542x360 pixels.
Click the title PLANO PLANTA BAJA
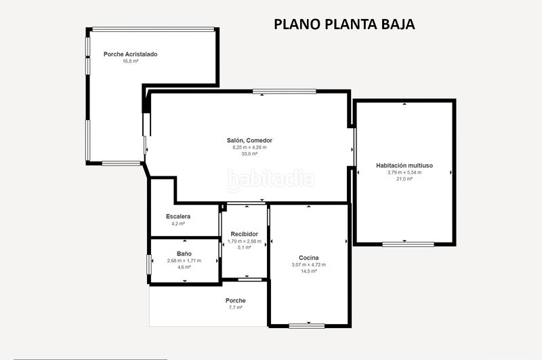[x=344, y=24]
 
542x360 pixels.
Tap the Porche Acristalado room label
[x=130, y=54]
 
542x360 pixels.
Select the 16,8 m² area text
[x=130, y=61]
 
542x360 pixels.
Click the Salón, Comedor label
[x=249, y=140]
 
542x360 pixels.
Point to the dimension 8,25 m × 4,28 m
[x=249, y=147]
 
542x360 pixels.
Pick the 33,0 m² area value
[x=249, y=153]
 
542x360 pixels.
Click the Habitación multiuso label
[x=404, y=165]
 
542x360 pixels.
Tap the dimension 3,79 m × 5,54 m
[x=404, y=172]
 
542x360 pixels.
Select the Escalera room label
[x=178, y=216]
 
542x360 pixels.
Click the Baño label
[x=184, y=254]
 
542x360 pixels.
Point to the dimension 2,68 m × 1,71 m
[x=184, y=260]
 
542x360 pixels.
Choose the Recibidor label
[x=245, y=234]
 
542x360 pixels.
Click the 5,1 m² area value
[x=245, y=247]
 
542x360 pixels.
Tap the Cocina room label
[x=309, y=258]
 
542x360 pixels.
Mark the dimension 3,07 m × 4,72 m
[x=309, y=264]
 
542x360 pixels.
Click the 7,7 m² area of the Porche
[x=235, y=307]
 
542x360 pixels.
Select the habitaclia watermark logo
[x=270, y=180]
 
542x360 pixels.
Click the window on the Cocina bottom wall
[x=307, y=326]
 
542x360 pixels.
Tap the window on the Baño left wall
[x=149, y=265]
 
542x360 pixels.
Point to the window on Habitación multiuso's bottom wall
[x=409, y=244]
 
